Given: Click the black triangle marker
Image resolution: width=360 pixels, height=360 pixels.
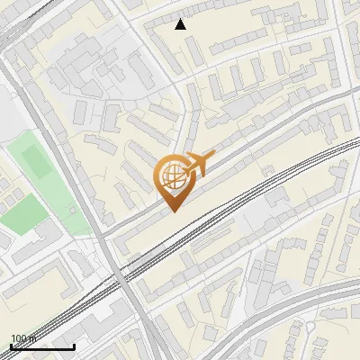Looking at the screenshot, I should pyautogui.click(x=181, y=24).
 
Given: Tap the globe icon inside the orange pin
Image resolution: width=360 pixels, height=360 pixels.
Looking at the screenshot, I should pyautogui.click(x=172, y=175).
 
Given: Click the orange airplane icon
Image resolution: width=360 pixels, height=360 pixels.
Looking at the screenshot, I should pyautogui.click(x=199, y=164).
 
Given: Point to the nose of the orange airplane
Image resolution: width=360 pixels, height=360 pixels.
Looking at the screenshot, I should pyautogui.click(x=213, y=154).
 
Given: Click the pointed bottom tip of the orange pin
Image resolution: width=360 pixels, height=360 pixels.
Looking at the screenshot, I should pyautogui.click(x=172, y=211).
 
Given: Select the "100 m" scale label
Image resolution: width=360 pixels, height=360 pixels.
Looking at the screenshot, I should pyautogui.click(x=22, y=338).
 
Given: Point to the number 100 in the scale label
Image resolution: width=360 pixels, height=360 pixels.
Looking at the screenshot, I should pyautogui.click(x=18, y=338).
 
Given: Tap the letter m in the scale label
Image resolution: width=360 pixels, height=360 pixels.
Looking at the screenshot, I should pyautogui.click(x=31, y=338).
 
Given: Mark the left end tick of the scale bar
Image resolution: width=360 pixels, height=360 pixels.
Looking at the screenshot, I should pyautogui.click(x=11, y=345).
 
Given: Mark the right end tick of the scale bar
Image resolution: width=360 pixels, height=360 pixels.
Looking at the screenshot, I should pyautogui.click(x=74, y=345).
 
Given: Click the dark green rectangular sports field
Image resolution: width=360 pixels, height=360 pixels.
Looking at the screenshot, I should pyautogui.click(x=37, y=160).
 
